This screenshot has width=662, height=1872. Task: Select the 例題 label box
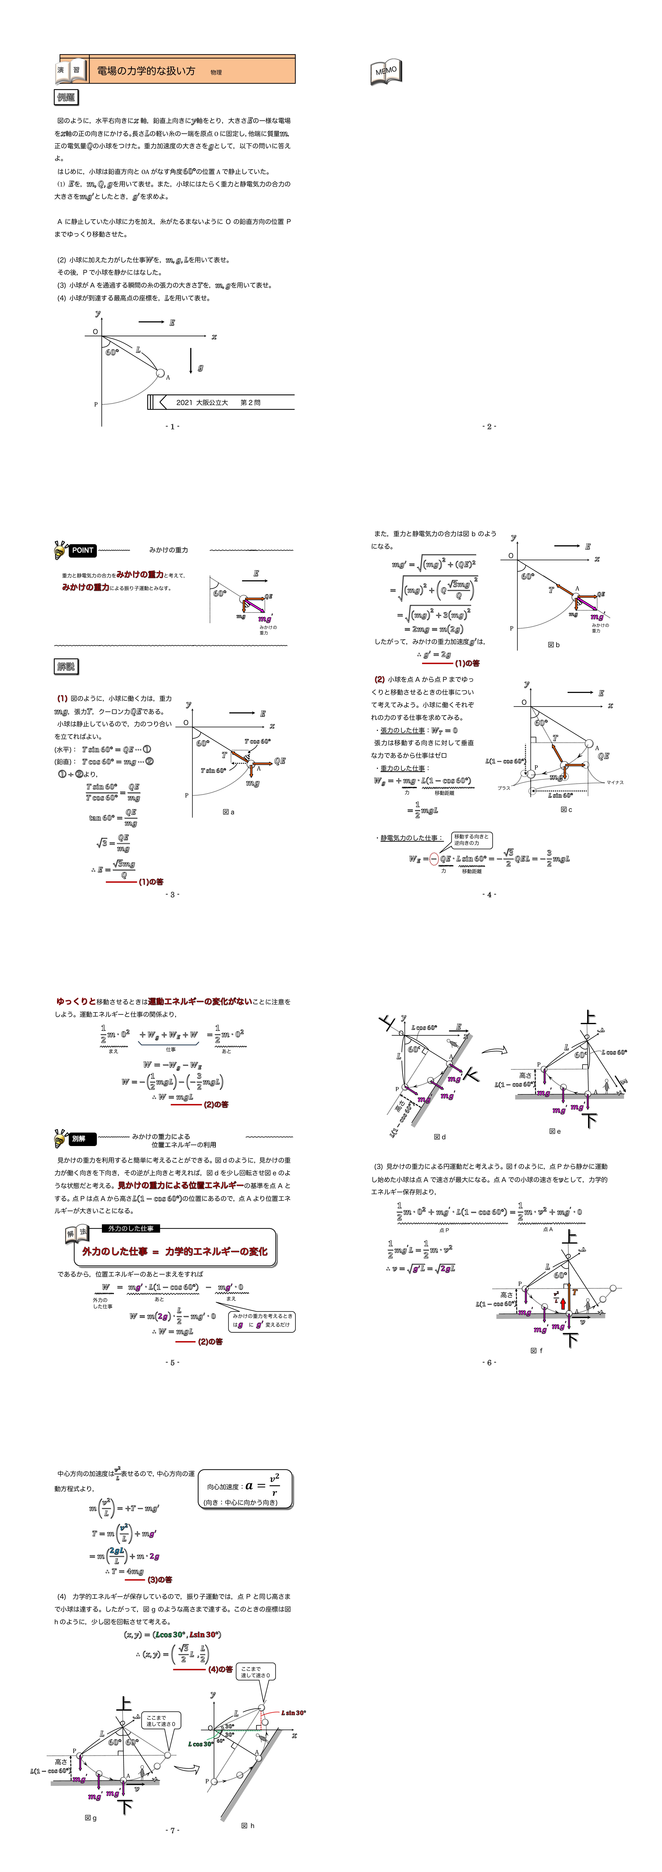[66, 97]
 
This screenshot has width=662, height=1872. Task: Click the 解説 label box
[66, 666]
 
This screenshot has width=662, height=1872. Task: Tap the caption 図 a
[228, 812]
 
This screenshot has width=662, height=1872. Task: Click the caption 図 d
[440, 1137]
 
